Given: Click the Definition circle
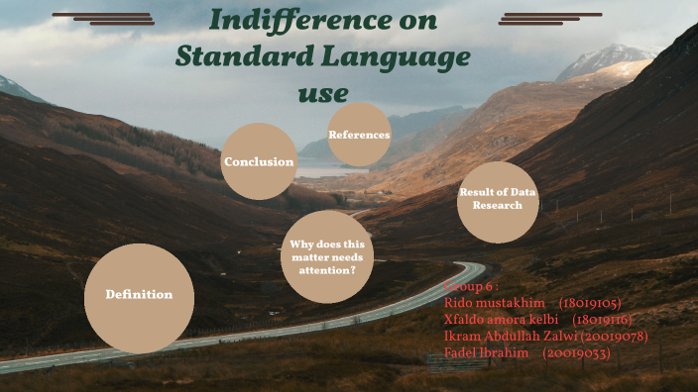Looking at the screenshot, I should click(139, 295).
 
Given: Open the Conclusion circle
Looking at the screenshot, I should click(259, 162).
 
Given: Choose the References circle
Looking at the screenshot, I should click(359, 135).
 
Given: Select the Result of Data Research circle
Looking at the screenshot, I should click(498, 199).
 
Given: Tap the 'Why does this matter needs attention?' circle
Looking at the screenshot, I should click(327, 256).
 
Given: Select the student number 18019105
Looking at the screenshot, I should click(591, 303).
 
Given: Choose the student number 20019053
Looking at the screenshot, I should click(577, 353).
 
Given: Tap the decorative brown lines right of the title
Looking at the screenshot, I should click(549, 18).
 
